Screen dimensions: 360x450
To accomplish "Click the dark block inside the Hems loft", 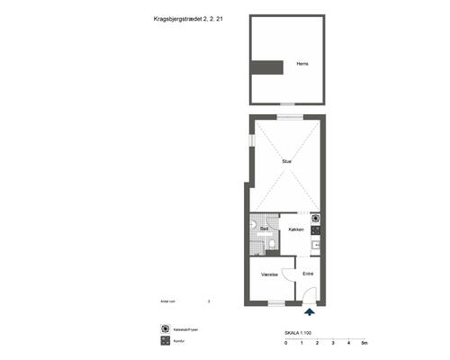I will click(267, 67).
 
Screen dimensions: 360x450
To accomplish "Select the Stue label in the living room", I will click(286, 161).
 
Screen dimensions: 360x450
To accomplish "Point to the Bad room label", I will click(265, 229).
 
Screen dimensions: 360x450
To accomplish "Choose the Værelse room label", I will click(268, 274).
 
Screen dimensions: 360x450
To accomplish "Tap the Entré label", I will click(308, 273).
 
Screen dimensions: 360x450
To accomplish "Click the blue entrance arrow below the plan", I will click(310, 312).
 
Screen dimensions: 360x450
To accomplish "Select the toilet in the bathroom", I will click(255, 225).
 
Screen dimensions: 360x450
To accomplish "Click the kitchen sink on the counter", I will click(316, 243).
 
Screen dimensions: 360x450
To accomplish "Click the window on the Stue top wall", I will click(287, 117).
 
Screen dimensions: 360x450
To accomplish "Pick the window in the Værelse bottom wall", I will click(269, 303).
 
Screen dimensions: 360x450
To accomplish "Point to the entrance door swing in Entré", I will click(306, 293).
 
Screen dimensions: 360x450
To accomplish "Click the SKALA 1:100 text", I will click(298, 333).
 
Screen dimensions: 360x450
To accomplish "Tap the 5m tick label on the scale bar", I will click(364, 344).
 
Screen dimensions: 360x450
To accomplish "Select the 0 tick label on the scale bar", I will click(285, 344).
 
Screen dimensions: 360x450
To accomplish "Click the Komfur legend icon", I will click(166, 341).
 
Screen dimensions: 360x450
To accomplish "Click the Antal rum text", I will click(168, 301).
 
